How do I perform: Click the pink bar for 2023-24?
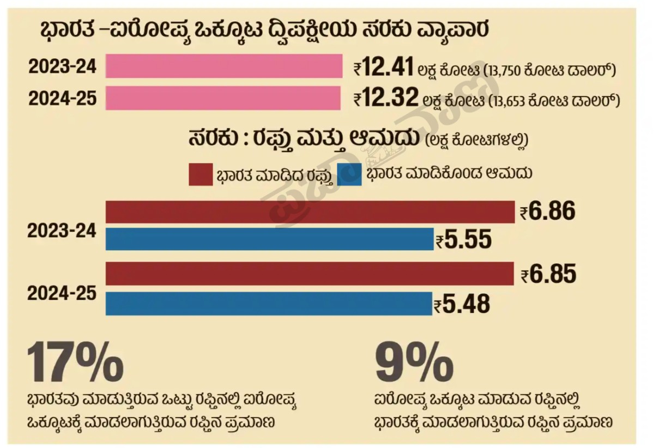223,66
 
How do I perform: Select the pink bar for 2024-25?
223,98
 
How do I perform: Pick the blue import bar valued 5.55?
269,239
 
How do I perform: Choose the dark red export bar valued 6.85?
310,274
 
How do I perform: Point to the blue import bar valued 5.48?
269,304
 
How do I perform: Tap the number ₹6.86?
548,212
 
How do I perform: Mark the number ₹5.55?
464,239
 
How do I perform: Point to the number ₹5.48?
462,304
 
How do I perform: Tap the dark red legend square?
201,174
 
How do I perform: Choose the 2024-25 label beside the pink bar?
63,99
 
